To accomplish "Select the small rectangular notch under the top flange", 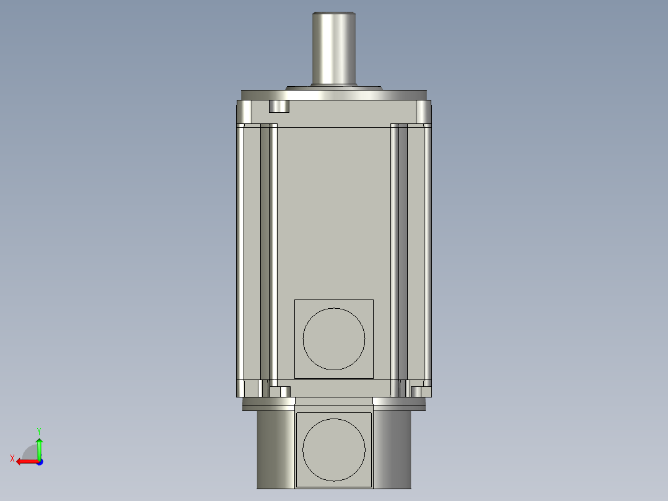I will click(x=279, y=107).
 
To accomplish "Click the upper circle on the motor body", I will click(x=334, y=338).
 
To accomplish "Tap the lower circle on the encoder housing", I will click(x=334, y=450).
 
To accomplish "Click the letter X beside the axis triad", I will click(x=12, y=459).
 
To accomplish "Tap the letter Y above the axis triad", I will click(x=38, y=430).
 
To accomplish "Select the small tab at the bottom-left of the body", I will click(x=285, y=391).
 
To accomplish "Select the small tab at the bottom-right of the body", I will click(x=416, y=391).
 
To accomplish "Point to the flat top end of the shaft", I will click(x=334, y=12).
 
